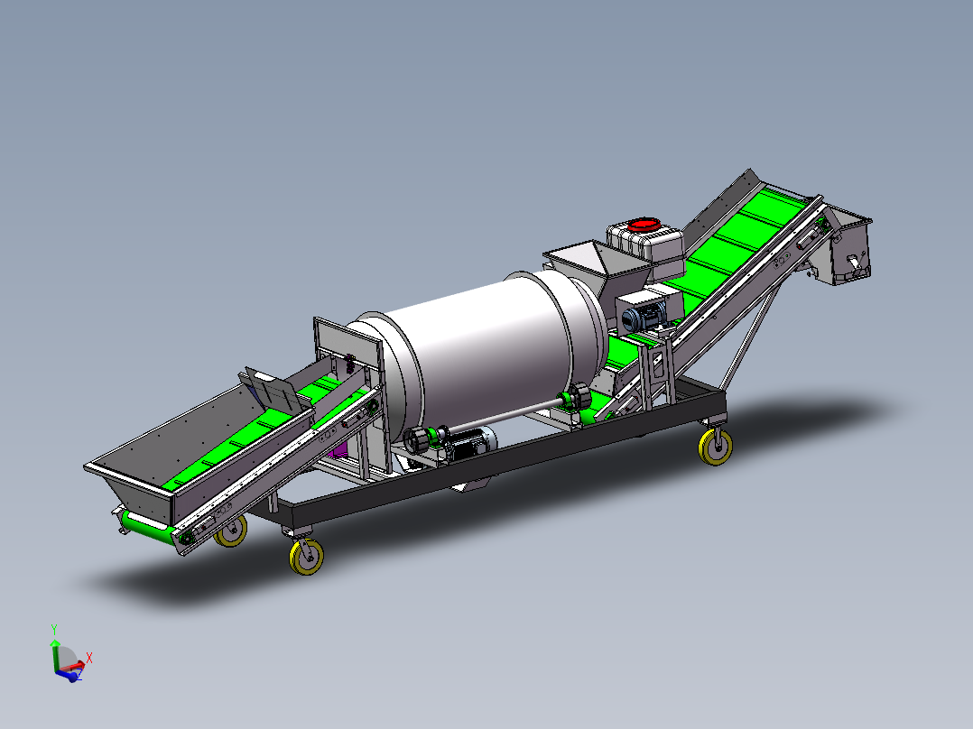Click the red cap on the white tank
644,224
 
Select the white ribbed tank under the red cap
645,248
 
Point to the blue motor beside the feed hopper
644,317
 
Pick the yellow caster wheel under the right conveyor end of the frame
716,446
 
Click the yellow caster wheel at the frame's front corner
306,556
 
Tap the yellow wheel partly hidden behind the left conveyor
232,532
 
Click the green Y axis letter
54,629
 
